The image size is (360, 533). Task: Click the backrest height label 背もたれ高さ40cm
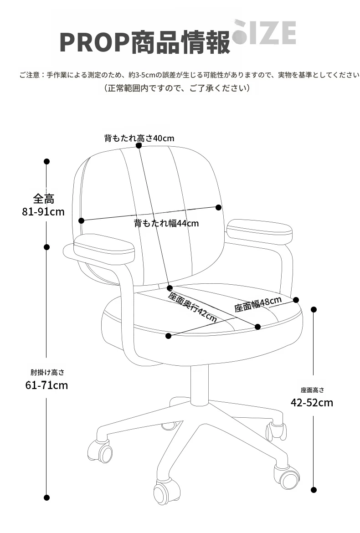(x=139, y=138)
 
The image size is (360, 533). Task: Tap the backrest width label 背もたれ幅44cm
(x=166, y=223)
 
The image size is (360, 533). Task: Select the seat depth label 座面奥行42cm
(x=192, y=307)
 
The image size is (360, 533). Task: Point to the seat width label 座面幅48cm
(x=258, y=304)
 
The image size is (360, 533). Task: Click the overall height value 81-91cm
(x=43, y=212)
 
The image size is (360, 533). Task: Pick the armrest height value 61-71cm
(x=46, y=385)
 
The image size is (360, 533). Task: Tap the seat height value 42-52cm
(x=312, y=402)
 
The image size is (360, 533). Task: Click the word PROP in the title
(x=94, y=42)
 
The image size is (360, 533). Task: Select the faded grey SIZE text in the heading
(x=264, y=32)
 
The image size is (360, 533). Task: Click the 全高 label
(x=43, y=199)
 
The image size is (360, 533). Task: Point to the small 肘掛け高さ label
(x=47, y=372)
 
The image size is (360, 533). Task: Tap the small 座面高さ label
(x=313, y=390)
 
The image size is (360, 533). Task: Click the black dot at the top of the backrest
(x=139, y=145)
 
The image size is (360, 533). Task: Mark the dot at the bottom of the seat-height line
(x=314, y=490)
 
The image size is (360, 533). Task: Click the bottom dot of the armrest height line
(x=47, y=497)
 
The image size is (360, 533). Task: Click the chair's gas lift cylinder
(x=199, y=385)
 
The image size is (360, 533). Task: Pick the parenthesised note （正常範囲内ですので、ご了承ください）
(x=177, y=88)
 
